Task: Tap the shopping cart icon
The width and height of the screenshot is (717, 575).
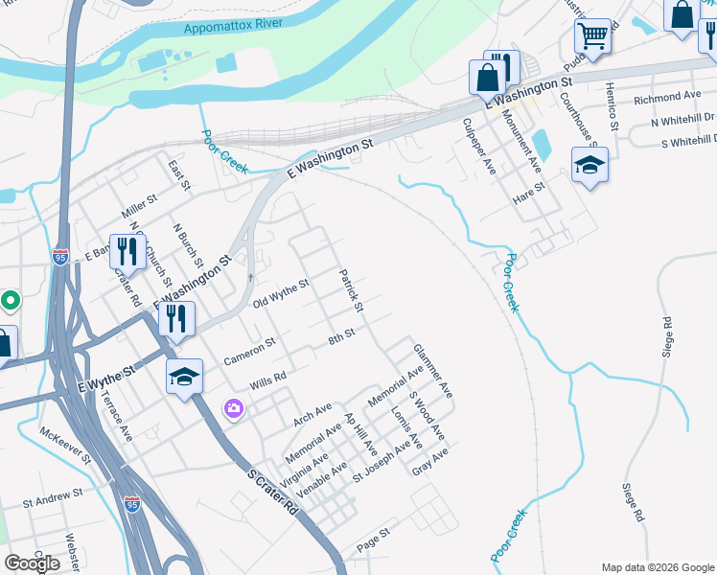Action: pos(593,36)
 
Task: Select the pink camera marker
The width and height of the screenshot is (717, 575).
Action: pos(234,408)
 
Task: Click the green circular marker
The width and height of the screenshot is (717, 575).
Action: pos(10,301)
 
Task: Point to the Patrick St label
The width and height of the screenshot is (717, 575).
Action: pos(351,291)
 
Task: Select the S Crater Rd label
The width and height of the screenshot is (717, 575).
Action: pos(272,492)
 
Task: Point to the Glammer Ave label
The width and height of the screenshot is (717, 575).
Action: pos(432,371)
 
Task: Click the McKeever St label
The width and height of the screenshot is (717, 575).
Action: pos(66,446)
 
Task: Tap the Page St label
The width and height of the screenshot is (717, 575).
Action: pos(374,540)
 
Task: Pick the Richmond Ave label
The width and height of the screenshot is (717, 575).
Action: pos(668,98)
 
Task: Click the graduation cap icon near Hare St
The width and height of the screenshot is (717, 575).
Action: pos(590,164)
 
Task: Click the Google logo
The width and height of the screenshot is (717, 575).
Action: pos(32,563)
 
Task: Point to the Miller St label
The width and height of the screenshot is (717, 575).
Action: pos(139,202)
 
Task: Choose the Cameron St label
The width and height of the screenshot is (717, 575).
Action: pos(249,350)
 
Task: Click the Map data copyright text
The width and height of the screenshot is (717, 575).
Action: pos(657,567)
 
